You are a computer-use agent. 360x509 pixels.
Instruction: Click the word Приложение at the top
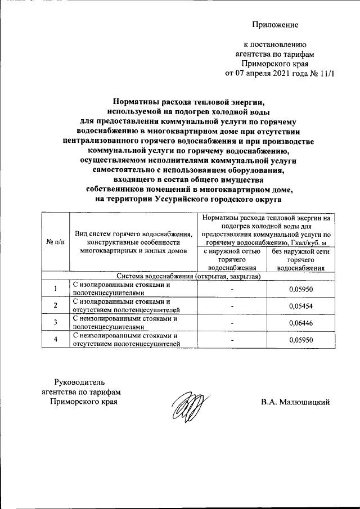[275, 25]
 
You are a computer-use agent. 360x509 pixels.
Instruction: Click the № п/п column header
[55, 242]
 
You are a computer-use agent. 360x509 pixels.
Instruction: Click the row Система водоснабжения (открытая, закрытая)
[188, 276]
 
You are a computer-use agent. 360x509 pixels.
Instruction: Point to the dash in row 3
[232, 323]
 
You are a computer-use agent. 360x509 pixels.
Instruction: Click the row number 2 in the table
[55, 305]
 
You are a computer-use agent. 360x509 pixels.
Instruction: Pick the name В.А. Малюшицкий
[295, 402]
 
